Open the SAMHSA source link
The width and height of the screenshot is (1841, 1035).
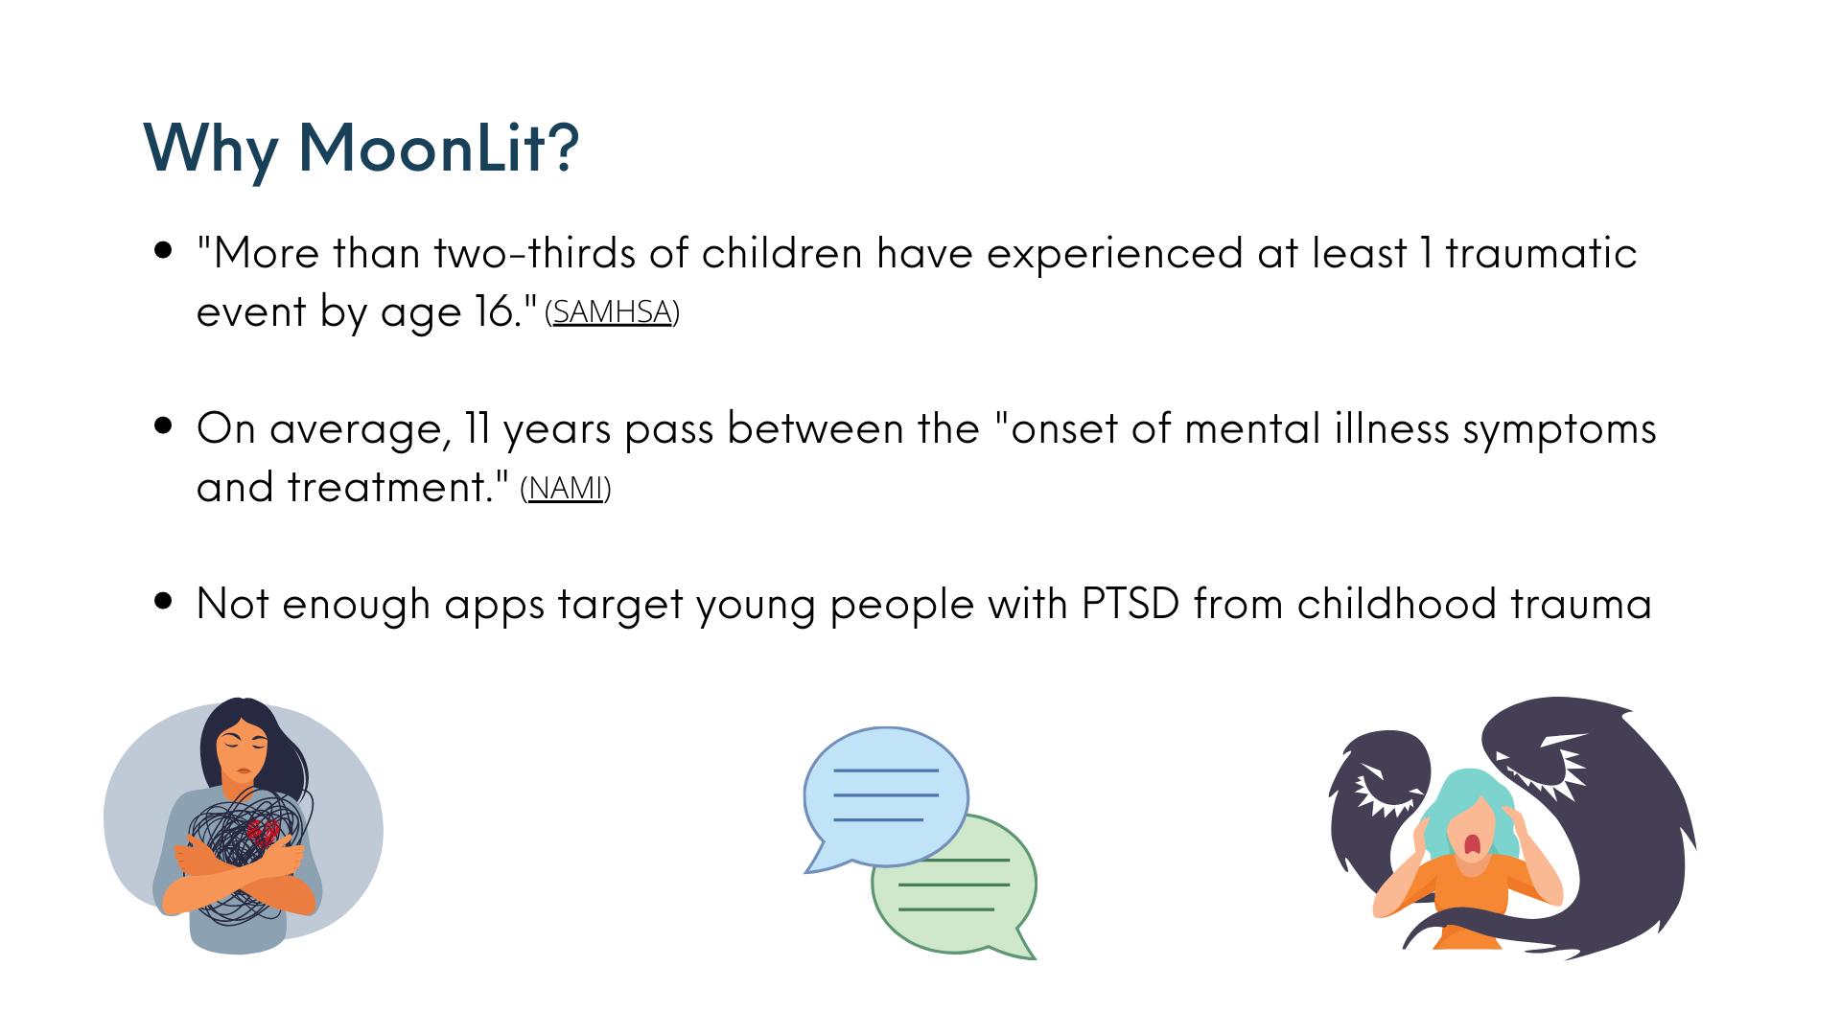click(612, 312)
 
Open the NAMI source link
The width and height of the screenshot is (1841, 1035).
click(566, 489)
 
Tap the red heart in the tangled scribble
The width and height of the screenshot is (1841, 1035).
click(262, 831)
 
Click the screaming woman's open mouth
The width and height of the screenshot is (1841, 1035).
click(1472, 844)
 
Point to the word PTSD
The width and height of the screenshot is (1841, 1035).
click(1130, 604)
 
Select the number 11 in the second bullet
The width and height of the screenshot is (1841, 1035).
click(478, 428)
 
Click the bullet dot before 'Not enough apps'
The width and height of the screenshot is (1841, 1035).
click(163, 601)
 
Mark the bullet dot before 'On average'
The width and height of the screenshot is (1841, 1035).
click(163, 425)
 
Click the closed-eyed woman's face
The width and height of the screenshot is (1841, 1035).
click(242, 747)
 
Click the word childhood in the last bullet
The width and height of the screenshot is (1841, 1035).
click(1397, 604)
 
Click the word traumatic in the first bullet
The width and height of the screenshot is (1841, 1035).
click(1541, 253)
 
